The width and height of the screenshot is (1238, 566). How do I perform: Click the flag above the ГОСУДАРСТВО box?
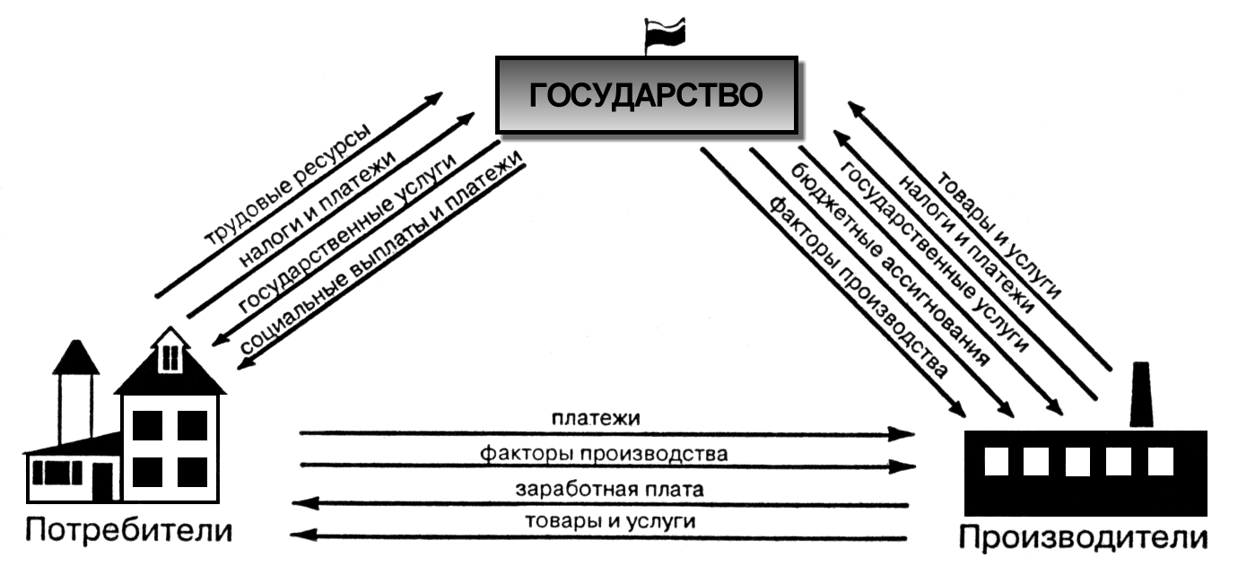pos(666,32)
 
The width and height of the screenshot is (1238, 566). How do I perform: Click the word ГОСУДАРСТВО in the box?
pos(646,95)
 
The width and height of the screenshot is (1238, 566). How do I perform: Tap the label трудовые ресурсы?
pos(287,185)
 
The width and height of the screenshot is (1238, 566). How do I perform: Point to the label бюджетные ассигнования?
pos(890,265)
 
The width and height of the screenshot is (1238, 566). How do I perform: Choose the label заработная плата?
pos(610,489)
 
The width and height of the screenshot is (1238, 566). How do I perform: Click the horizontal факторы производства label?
pos(604,454)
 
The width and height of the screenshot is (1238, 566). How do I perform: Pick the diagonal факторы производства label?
pos(858,287)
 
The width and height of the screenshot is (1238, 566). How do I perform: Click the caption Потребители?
pos(129,531)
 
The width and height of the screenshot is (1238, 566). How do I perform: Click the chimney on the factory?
pos(1141,395)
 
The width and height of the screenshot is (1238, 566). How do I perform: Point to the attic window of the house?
pos(170,357)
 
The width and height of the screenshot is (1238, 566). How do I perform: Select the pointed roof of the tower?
pos(75,357)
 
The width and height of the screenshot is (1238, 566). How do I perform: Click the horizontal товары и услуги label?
pos(610,520)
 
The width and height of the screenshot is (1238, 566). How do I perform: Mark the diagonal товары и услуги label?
pos(999,234)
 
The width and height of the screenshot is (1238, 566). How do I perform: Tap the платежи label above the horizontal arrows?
pos(596,418)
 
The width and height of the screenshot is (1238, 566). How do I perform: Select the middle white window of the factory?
pos(1077,462)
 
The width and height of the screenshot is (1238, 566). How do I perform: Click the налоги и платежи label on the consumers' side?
pos(318,209)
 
